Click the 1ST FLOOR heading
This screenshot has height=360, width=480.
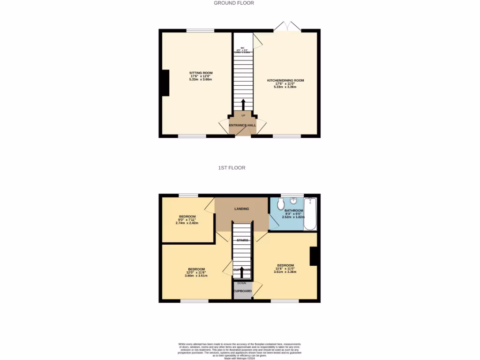click(232, 167)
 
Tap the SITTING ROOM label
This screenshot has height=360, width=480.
click(201, 73)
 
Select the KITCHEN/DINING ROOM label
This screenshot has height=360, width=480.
click(285, 81)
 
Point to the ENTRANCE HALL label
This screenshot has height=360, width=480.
click(242, 126)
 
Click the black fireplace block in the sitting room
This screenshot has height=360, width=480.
click(165, 83)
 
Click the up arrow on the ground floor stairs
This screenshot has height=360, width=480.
click(243, 105)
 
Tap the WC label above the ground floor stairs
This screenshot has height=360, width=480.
click(243, 48)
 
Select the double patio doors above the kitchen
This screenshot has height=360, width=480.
click(287, 27)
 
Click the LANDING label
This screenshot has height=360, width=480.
click(242, 209)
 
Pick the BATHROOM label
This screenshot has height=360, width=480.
click(293, 211)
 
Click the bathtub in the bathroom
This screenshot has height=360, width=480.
click(310, 214)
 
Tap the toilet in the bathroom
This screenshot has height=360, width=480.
click(280, 204)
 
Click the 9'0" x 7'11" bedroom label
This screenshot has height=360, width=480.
click(187, 217)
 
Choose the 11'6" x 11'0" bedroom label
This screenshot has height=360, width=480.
click(285, 265)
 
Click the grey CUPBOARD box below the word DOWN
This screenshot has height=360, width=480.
click(243, 291)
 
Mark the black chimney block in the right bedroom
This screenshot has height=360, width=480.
click(315, 256)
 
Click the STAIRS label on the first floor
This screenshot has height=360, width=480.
click(242, 240)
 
